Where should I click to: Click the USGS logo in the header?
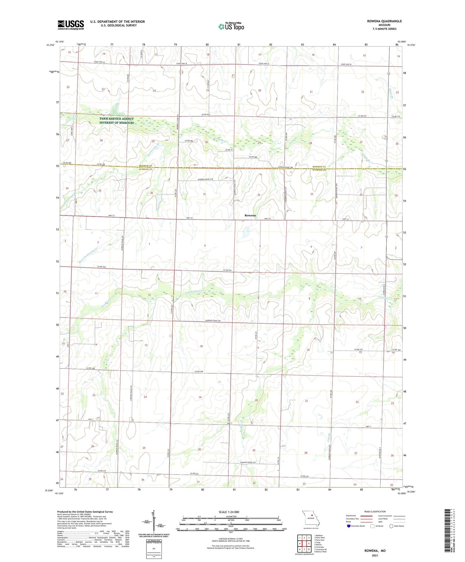pyautogui.click(x=71, y=25)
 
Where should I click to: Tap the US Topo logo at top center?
pyautogui.click(x=231, y=26)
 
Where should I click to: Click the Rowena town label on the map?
pyautogui.click(x=250, y=215)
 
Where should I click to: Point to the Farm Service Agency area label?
pyautogui.click(x=117, y=121)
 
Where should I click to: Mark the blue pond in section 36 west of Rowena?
pyautogui.click(x=158, y=201)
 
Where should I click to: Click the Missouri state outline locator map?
pyautogui.click(x=311, y=518)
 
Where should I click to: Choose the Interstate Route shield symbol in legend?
pyautogui.click(x=349, y=526)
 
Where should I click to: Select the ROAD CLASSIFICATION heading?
pyautogui.click(x=375, y=511)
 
